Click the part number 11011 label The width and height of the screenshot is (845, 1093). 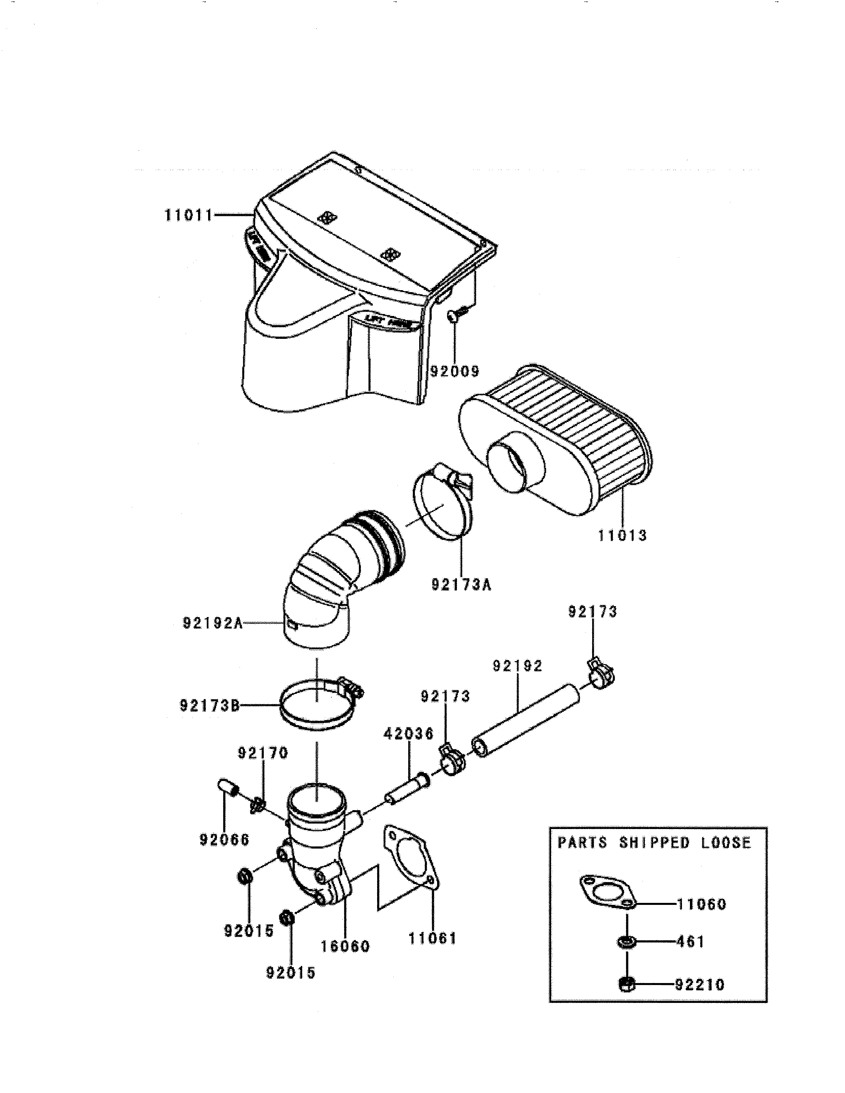pos(189,216)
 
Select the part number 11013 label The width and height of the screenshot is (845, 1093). pos(622,536)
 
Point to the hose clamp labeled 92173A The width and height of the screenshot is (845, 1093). pos(443,505)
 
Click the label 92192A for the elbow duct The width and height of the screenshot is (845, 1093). pos(212,623)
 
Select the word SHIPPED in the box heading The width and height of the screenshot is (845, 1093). pos(654,843)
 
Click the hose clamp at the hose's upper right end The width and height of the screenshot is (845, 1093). pos(599,673)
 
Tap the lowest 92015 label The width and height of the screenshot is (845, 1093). pos(290,972)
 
